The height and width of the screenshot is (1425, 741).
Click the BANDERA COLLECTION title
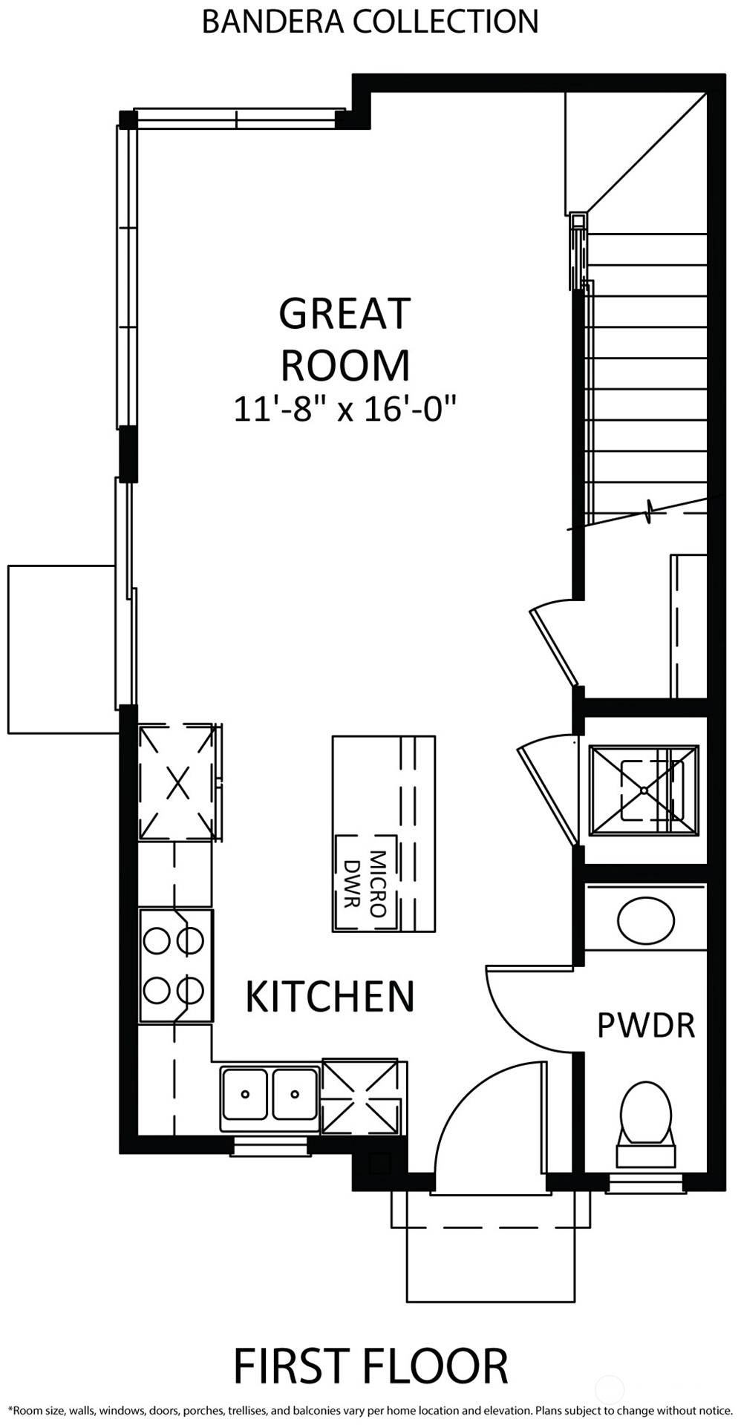click(370, 21)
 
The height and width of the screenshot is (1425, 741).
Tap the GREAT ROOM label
click(345, 339)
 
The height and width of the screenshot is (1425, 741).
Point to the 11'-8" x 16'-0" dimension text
click(345, 409)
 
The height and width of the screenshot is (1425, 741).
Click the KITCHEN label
click(330, 996)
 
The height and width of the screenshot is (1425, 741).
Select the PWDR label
click(646, 1025)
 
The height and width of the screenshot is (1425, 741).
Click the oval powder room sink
click(646, 921)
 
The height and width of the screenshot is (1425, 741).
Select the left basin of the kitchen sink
click(244, 1093)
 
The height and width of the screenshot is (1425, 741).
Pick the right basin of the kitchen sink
click(296, 1093)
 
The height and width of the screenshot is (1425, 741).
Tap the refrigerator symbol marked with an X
click(178, 782)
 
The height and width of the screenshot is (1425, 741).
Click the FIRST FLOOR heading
click(370, 1366)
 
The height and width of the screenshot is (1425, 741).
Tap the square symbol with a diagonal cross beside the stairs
click(644, 790)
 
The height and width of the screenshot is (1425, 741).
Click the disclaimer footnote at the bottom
click(370, 1411)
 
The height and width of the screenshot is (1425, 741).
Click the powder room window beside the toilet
click(645, 1182)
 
